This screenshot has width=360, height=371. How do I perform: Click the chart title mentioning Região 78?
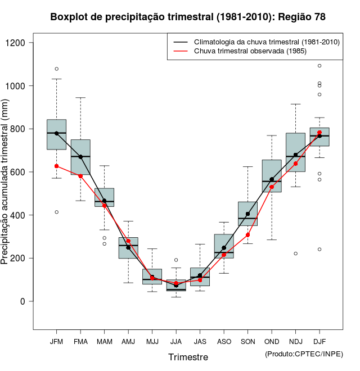pyautogui.click(x=188, y=17)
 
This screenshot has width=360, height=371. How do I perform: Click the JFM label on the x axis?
pyautogui.click(x=56, y=342)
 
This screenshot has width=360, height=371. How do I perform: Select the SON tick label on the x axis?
pyautogui.click(x=247, y=342)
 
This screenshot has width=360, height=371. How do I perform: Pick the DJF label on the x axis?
pyautogui.click(x=319, y=342)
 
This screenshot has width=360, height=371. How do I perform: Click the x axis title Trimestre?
pyautogui.click(x=188, y=357)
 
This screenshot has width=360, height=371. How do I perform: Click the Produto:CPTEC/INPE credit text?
pyautogui.click(x=304, y=354)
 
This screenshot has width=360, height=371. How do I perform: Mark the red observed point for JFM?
pyautogui.click(x=56, y=166)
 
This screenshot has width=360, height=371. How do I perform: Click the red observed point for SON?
pyautogui.click(x=247, y=235)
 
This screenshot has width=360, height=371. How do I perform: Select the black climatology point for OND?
pyautogui.click(x=272, y=179)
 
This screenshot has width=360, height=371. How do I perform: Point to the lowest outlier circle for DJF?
pyautogui.click(x=319, y=249)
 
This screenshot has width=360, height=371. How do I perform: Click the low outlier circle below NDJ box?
pyautogui.click(x=295, y=254)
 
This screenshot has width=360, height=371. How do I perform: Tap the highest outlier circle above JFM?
pyautogui.click(x=56, y=69)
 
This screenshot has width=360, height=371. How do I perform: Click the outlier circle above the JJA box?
pyautogui.click(x=176, y=260)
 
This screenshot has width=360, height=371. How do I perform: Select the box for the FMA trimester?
pyautogui.click(x=80, y=157)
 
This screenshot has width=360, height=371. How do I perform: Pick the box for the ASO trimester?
pyautogui.click(x=224, y=246)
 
